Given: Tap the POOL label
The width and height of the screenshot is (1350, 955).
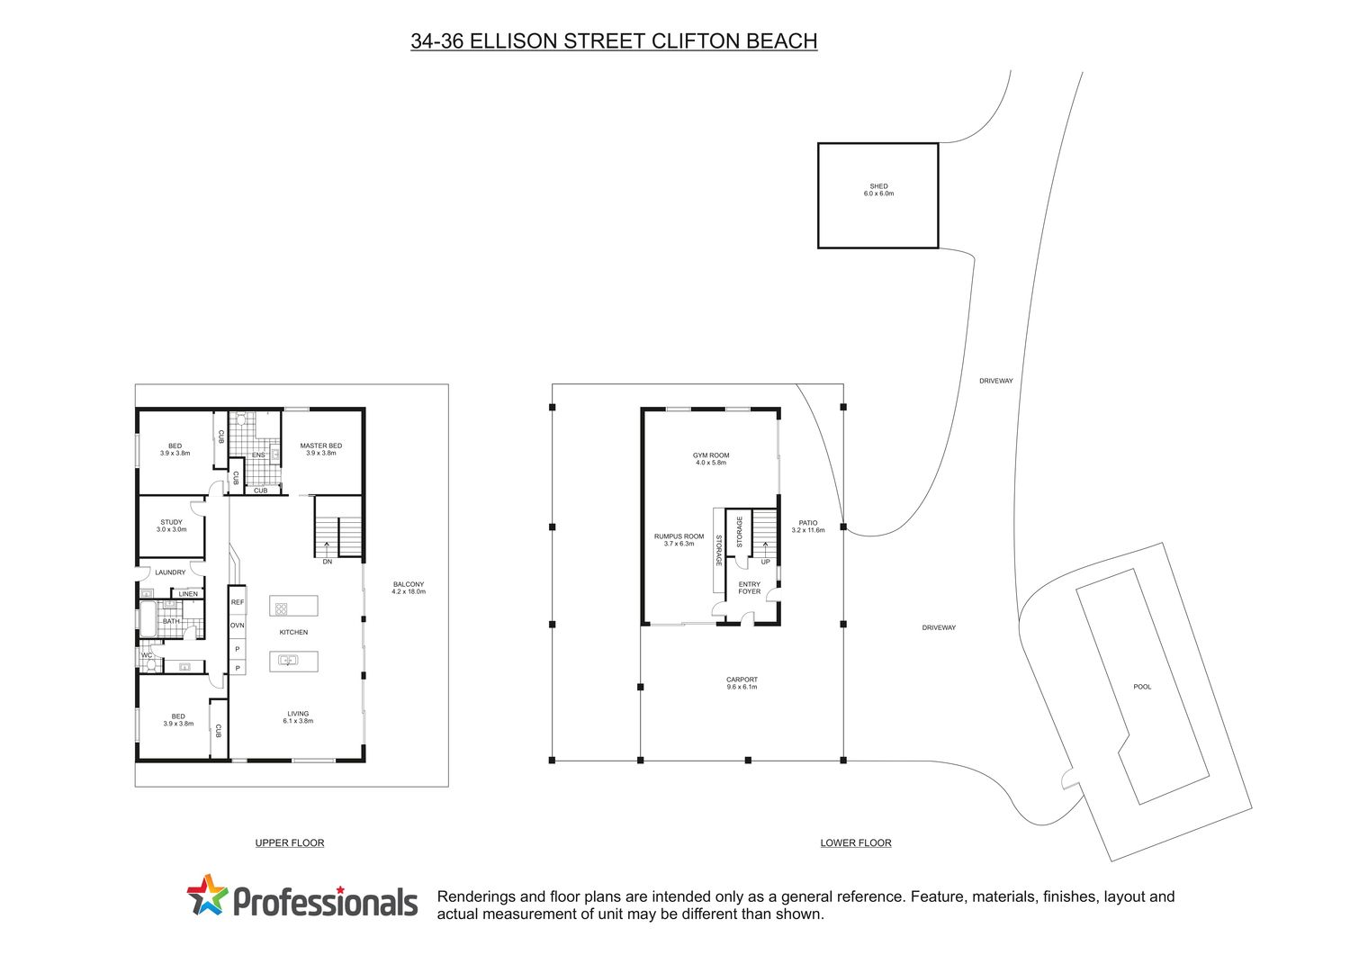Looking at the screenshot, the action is pyautogui.click(x=1142, y=687).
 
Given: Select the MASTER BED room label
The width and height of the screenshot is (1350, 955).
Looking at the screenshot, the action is pyautogui.click(x=320, y=449).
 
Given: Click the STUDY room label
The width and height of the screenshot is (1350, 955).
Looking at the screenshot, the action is pyautogui.click(x=172, y=526).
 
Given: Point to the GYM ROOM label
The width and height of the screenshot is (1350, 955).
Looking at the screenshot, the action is pyautogui.click(x=711, y=459).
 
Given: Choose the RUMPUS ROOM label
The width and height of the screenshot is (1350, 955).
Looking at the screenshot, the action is pyautogui.click(x=679, y=539).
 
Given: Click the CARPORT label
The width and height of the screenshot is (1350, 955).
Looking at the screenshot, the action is pyautogui.click(x=742, y=683).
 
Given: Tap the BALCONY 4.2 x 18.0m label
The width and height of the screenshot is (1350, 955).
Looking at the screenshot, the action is pyautogui.click(x=409, y=588).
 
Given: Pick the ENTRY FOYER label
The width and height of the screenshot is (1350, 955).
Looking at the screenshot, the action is pyautogui.click(x=749, y=588).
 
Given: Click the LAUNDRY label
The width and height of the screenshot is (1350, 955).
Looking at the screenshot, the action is pyautogui.click(x=171, y=572).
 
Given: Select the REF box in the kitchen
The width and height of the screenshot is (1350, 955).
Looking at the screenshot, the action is pyautogui.click(x=238, y=601).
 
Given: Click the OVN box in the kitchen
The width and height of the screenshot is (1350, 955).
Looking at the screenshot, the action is pyautogui.click(x=238, y=626).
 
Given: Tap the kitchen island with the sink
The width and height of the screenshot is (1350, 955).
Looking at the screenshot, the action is pyautogui.click(x=293, y=662).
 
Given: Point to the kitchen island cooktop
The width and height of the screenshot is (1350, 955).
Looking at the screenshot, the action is pyautogui.click(x=293, y=606).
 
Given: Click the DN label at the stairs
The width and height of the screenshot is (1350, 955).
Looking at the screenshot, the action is pyautogui.click(x=328, y=562).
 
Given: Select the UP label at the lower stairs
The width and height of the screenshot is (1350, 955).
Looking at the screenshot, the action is pyautogui.click(x=765, y=562).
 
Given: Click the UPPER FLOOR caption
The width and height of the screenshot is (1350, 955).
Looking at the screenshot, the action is pyautogui.click(x=290, y=842).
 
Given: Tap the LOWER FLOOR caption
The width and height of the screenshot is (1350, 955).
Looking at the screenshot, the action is pyautogui.click(x=856, y=842).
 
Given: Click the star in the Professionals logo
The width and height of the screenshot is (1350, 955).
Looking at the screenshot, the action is pyautogui.click(x=207, y=896).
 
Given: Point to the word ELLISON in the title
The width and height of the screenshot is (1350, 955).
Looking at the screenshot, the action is pyautogui.click(x=514, y=41).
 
